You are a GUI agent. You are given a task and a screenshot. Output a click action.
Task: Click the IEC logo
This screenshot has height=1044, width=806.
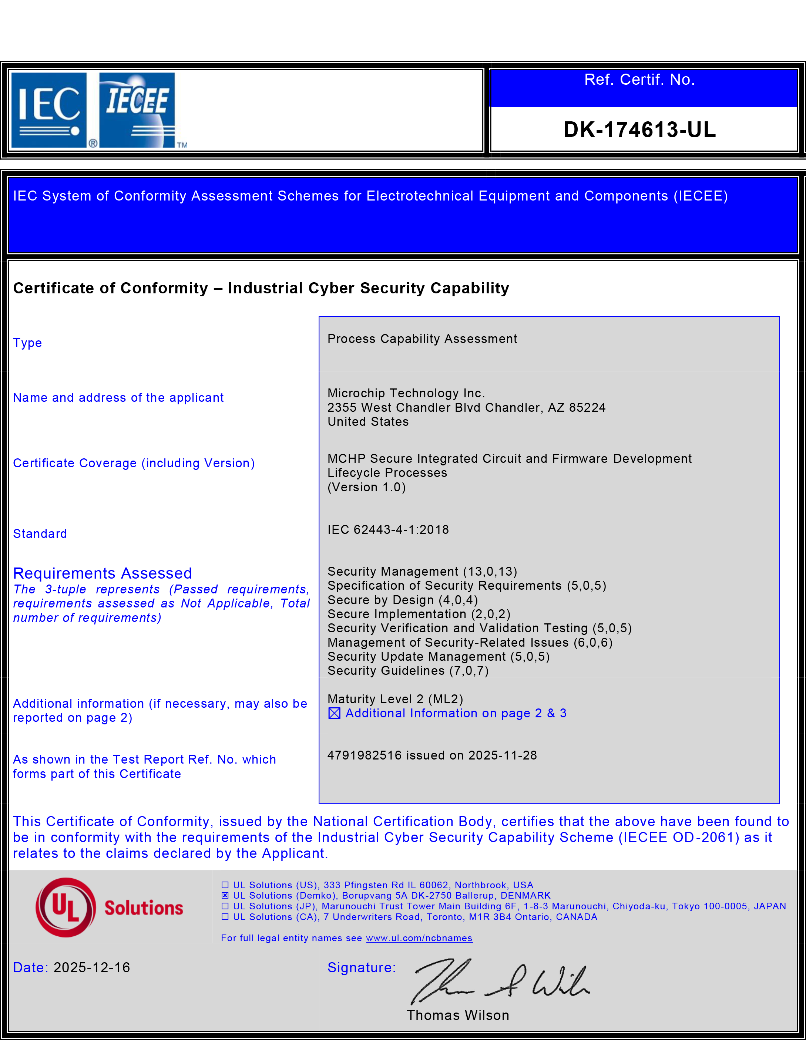point(49,110)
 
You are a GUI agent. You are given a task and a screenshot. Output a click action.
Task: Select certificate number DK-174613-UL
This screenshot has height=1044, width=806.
point(639,129)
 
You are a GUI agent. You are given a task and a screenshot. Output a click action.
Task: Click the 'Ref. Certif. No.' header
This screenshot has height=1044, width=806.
point(639,79)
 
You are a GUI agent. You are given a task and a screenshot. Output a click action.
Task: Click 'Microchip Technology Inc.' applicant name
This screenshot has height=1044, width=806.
point(406,393)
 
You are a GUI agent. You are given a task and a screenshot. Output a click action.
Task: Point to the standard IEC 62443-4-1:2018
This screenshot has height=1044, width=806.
point(388,530)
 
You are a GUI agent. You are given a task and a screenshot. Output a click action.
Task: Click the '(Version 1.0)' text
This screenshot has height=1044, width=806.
point(367,487)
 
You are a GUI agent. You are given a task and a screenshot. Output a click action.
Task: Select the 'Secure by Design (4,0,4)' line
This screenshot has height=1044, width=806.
point(403,600)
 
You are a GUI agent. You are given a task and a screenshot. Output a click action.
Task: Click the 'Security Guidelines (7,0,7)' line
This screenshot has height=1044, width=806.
point(408,671)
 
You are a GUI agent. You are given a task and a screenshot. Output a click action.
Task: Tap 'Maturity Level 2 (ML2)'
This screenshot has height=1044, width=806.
point(395,699)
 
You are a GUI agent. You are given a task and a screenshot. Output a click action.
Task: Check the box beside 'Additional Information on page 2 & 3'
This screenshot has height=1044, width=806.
point(335,713)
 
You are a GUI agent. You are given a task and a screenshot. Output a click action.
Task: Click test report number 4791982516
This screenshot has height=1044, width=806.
point(364,755)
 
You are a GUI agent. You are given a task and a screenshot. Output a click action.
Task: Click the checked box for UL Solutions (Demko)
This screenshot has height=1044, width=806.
point(225,895)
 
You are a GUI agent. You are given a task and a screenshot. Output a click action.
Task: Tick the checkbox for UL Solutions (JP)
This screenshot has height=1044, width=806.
point(225,906)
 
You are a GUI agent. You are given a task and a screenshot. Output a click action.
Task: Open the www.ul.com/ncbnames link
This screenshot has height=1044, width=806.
point(419,938)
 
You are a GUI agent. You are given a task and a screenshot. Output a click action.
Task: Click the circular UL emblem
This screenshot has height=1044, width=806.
point(66,907)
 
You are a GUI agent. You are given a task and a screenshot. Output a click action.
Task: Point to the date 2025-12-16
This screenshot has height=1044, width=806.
point(92,967)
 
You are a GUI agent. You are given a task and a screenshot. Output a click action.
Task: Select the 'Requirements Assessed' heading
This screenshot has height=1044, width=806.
point(102,573)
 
